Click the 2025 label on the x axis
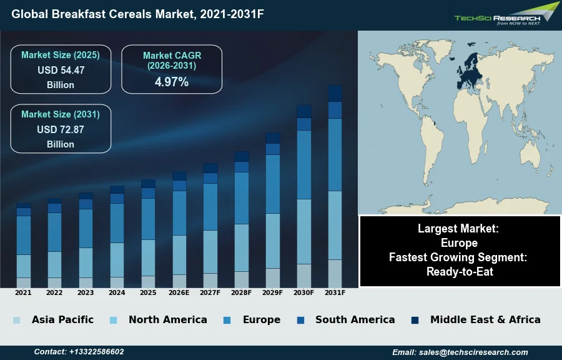[148, 292]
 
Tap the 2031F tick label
[335, 292]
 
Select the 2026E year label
[179, 292]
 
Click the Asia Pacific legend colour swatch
[16, 320]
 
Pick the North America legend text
[167, 319]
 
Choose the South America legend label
[355, 319]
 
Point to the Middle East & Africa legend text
[485, 319]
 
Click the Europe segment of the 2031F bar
[335, 154]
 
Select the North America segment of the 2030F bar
[303, 231]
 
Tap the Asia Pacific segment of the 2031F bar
[335, 273]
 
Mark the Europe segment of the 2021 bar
[24, 235]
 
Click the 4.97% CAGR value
[172, 82]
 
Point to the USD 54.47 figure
[61, 70]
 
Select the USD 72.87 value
[61, 129]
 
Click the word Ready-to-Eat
[460, 271]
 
